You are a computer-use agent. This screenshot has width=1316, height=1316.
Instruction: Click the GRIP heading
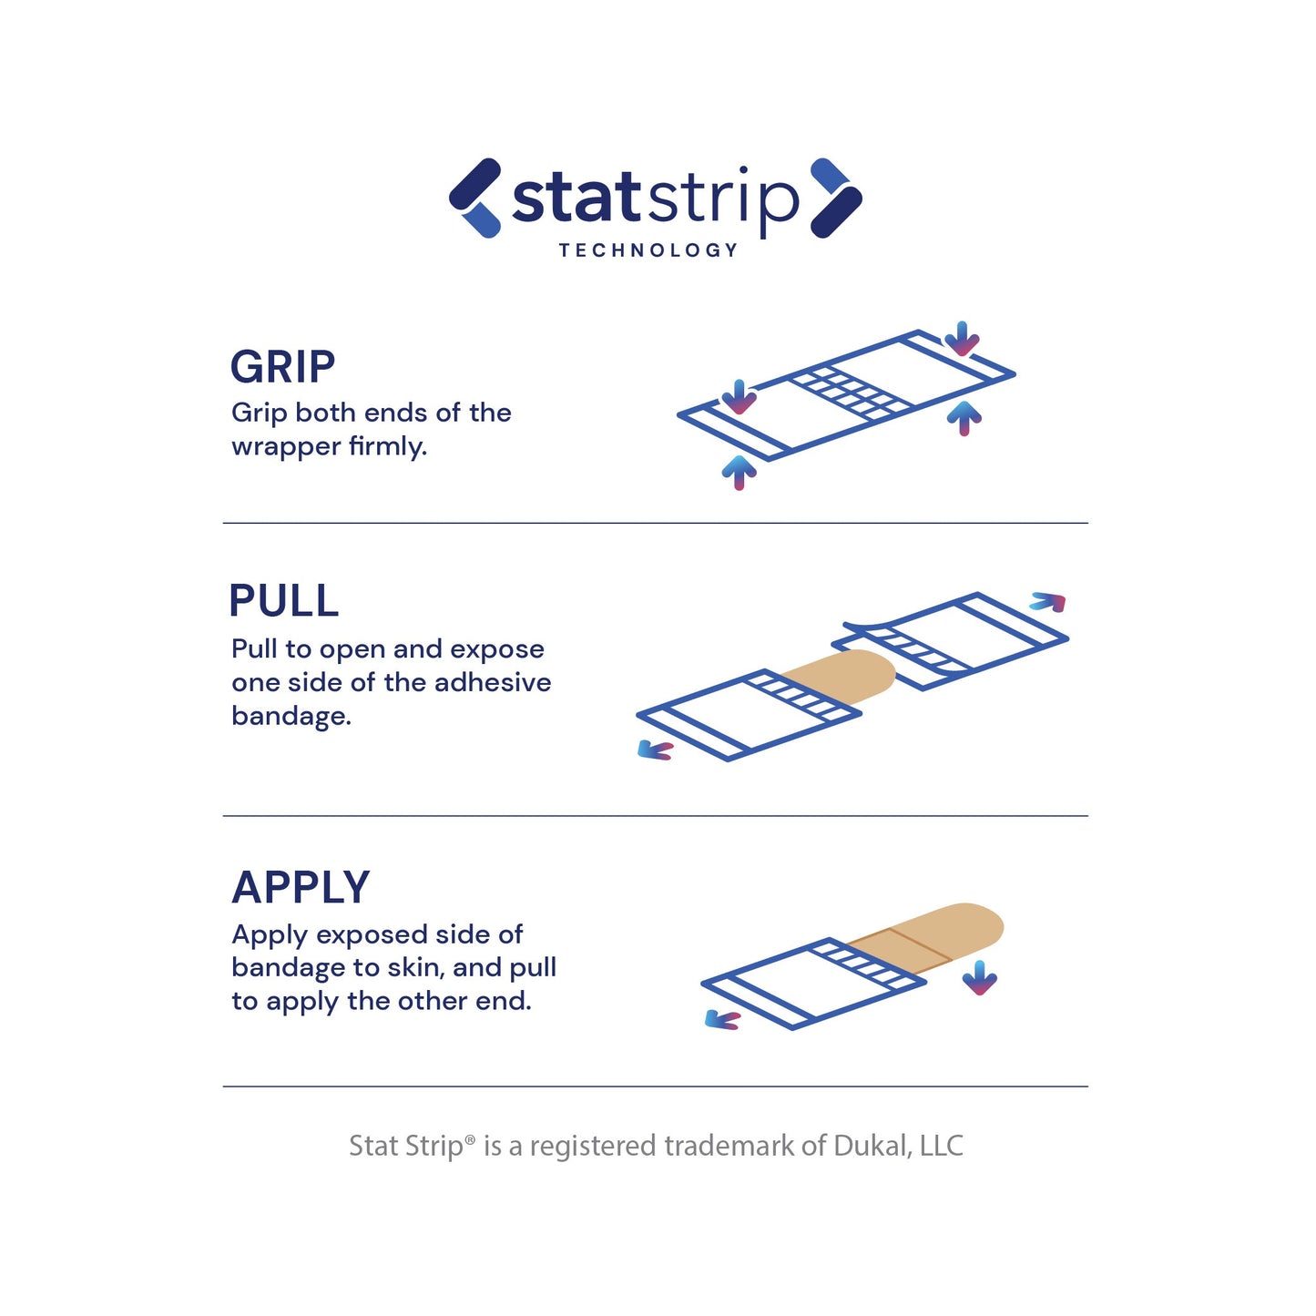click(282, 367)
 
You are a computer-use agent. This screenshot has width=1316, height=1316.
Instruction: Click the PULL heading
click(283, 601)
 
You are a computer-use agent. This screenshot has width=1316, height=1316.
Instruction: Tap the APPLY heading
click(301, 887)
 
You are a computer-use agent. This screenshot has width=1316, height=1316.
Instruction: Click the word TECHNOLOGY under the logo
click(648, 250)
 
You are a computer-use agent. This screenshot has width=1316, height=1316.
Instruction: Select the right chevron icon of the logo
click(835, 198)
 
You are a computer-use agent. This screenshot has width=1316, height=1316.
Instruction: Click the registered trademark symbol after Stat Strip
click(470, 1139)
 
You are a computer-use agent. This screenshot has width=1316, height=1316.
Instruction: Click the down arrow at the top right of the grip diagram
click(962, 339)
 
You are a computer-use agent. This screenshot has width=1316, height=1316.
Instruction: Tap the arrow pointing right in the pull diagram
click(1047, 602)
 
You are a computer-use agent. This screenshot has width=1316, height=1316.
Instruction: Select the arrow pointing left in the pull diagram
click(655, 750)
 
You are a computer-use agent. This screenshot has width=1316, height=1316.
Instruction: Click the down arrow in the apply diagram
click(980, 978)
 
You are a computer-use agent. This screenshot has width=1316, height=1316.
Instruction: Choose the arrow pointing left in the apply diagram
click(722, 1021)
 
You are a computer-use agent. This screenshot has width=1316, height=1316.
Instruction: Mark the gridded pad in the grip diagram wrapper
click(849, 392)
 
